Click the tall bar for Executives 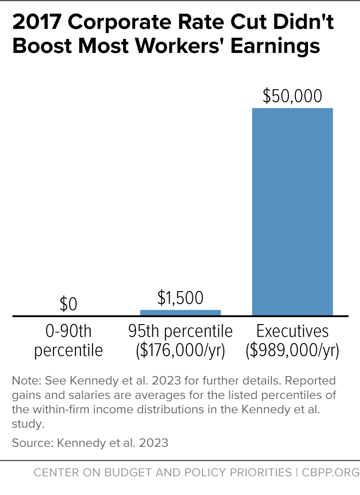click(292, 212)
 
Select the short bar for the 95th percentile click(180, 313)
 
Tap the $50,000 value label click(292, 96)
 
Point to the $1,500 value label click(180, 298)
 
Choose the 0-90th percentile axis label click(68, 341)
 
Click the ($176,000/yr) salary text click(180, 351)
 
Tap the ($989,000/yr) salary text click(292, 351)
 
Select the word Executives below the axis click(292, 332)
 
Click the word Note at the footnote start click(23, 381)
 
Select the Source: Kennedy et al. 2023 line click(90, 443)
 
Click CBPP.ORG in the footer click(330, 473)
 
